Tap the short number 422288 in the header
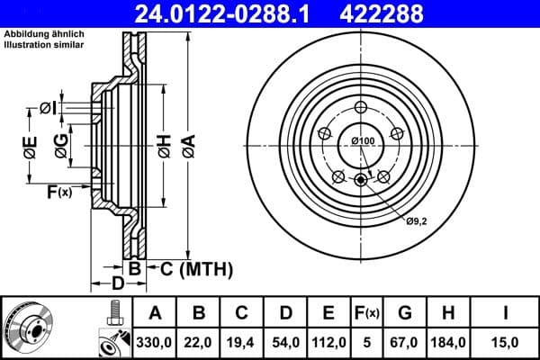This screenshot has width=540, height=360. click(x=404, y=13)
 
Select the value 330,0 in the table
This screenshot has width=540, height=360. click(x=155, y=341)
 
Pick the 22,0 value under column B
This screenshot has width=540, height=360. click(x=199, y=341)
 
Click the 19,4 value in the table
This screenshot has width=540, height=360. click(x=242, y=341)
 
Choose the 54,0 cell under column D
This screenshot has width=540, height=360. click(x=285, y=341)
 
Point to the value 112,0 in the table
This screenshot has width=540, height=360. click(x=329, y=341)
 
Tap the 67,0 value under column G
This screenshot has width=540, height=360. click(x=405, y=341)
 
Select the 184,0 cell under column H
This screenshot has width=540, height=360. click(x=447, y=341)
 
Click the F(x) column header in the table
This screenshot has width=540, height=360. click(x=367, y=313)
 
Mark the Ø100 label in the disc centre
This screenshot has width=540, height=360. click(x=362, y=140)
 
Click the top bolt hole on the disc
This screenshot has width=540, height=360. click(x=362, y=106)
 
